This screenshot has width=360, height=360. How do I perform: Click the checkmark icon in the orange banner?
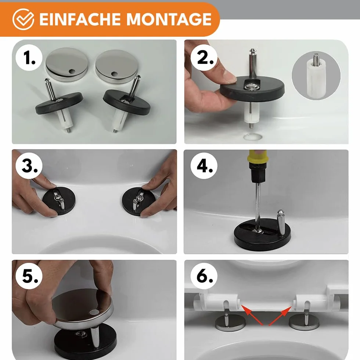point(23,19)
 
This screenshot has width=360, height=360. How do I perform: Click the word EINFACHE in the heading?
point(80,19)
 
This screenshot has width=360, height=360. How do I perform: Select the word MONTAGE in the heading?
point(169,19)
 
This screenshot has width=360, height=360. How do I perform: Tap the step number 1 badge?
point(29,58)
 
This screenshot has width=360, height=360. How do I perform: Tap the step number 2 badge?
point(204,58)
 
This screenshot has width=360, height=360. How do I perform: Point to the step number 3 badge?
point(29,166)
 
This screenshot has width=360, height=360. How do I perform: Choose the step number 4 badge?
point(204,166)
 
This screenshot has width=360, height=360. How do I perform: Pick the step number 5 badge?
point(29,276)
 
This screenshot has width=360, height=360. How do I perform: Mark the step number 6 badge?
point(204,276)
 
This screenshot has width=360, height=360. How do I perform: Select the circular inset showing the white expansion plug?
point(316,76)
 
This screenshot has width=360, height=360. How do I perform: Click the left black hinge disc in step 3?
point(59,201)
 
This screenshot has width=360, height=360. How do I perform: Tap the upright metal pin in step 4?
point(281,223)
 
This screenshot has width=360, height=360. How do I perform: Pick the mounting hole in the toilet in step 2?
point(253,137)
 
